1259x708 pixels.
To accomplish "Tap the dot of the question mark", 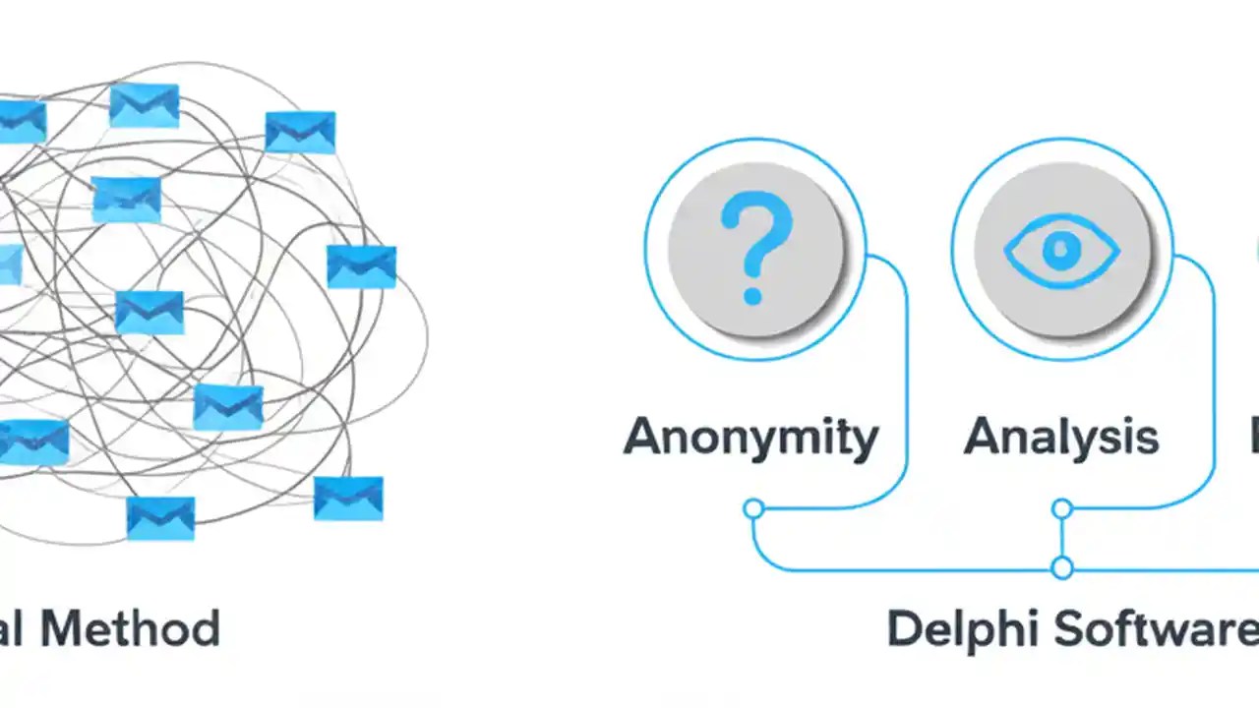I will [753, 293].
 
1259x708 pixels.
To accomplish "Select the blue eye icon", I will [1061, 251].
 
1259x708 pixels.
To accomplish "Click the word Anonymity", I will [750, 437].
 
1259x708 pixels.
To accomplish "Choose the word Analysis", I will [1061, 437].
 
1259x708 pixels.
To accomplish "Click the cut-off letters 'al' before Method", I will [13, 628].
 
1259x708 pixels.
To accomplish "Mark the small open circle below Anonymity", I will [753, 508].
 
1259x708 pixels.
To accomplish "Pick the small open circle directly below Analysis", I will [1061, 508].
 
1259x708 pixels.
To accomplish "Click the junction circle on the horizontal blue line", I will [1061, 567].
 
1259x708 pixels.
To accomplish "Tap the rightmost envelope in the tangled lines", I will [361, 266].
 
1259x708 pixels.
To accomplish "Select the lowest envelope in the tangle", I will [160, 517].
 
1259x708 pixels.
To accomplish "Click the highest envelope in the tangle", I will [145, 105].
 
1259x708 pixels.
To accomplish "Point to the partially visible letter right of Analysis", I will [1254, 437].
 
